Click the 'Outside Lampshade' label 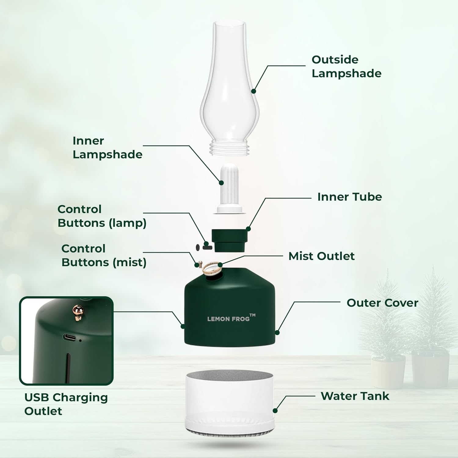point(346,67)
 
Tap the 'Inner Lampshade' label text point(107,147)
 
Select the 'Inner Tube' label point(349,197)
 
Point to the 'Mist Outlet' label point(321,256)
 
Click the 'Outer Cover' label point(382,303)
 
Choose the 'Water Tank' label point(355,396)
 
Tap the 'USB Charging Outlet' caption point(66,404)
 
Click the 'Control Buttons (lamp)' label point(102,216)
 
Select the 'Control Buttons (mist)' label point(104,256)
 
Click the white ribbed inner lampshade point(229,183)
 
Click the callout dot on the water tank point(275,411)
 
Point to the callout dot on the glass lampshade point(253,91)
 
